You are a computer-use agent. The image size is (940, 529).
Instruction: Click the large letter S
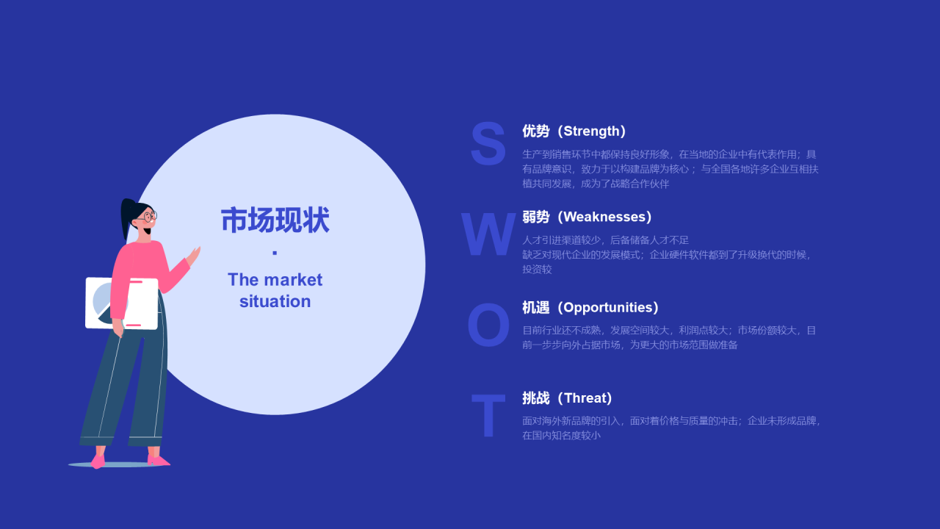tap(488, 143)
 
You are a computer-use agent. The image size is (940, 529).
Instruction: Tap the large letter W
tap(488, 234)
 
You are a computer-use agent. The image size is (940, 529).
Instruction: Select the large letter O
tap(488, 325)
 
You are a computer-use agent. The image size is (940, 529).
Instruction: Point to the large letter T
tap(488, 415)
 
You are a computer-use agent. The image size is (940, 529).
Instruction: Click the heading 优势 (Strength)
tap(574, 131)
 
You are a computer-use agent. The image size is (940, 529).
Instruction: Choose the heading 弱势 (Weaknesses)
tap(587, 217)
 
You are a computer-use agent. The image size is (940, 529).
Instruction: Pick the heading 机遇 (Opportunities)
tap(590, 307)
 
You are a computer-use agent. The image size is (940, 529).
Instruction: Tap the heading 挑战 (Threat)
tap(568, 398)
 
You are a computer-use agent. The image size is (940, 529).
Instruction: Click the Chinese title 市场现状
tap(275, 220)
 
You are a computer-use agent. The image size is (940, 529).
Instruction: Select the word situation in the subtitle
tap(275, 301)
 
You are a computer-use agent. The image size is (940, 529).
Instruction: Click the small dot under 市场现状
tap(275, 253)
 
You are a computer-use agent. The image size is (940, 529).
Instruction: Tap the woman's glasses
tap(148, 217)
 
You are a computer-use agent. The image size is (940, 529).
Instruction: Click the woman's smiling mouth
tap(148, 231)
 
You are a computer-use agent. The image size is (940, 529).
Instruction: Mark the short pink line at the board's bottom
tap(134, 325)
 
